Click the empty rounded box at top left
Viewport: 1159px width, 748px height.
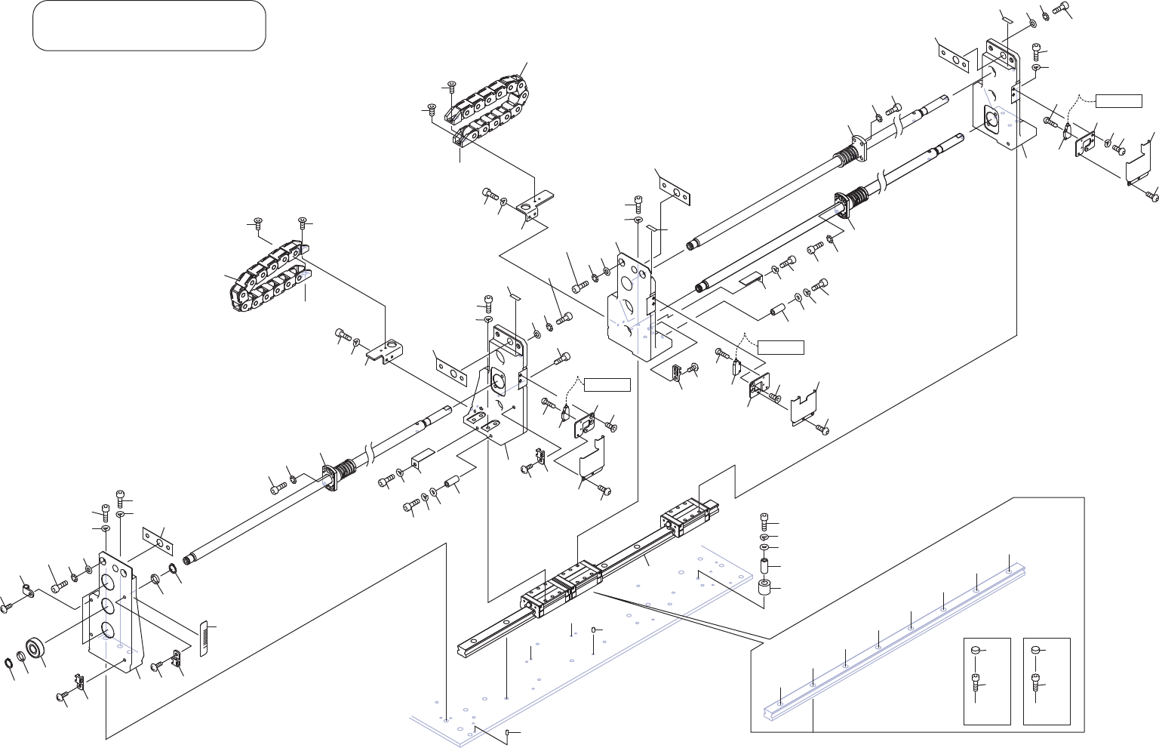149,26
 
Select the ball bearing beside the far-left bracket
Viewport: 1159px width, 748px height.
35,649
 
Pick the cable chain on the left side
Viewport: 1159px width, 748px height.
268,275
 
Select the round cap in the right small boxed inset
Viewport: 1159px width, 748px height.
1038,649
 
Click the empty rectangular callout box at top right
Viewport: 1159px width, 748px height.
1118,102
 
